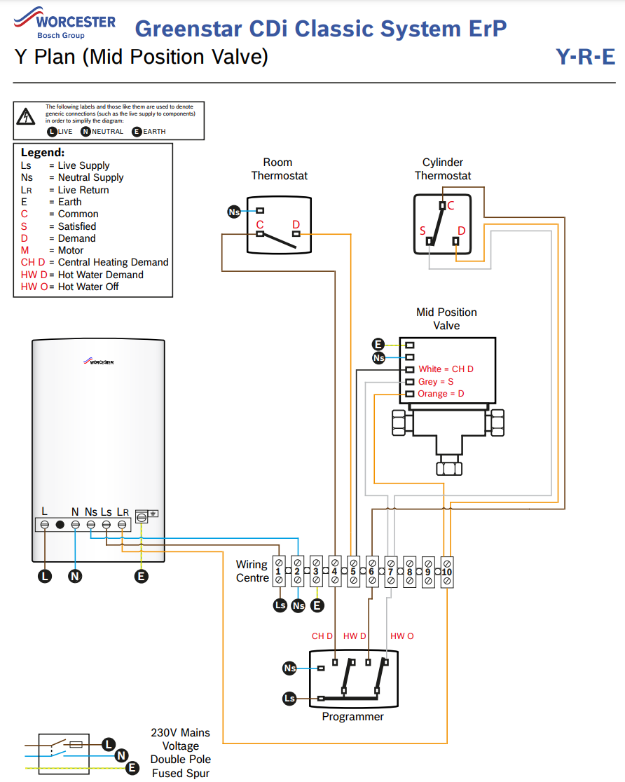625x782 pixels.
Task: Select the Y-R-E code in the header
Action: point(585,57)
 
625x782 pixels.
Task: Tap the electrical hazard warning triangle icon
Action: point(27,116)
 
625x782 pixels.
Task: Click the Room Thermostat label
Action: point(279,169)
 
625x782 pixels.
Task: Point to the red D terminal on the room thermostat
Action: point(296,224)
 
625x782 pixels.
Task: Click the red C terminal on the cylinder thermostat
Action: point(451,205)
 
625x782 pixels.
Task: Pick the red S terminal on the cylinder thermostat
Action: point(423,231)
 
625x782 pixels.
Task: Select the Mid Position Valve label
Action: point(446,319)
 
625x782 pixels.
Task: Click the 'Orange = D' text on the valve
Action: point(441,394)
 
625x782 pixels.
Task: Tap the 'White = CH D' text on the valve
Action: point(446,369)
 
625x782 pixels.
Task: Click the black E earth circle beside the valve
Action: point(378,344)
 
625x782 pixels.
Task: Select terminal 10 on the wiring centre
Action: point(447,572)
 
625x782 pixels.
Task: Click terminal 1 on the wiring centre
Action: point(278,572)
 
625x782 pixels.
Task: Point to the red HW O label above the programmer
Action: point(402,636)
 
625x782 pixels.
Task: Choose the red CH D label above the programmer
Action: point(322,636)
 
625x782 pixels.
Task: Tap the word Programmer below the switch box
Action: point(352,717)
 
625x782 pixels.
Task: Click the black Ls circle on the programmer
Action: point(289,698)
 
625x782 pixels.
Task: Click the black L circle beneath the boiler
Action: point(45,576)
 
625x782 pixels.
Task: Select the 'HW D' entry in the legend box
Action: point(82,275)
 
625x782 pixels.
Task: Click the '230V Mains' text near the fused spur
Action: point(180,733)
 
